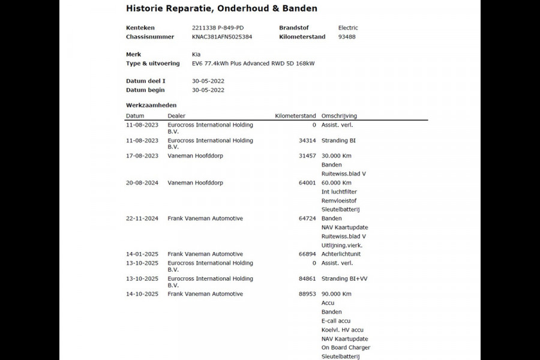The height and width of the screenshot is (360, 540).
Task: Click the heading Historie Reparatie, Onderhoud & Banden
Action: [x=221, y=8]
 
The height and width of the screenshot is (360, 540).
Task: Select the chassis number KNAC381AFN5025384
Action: [x=222, y=37]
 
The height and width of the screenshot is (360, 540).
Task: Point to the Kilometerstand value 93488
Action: [x=347, y=37]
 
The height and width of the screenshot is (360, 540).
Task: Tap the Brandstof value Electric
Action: [x=348, y=28]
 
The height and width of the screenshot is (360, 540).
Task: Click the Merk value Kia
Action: [x=196, y=54]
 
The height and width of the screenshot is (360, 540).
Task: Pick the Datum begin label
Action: [x=145, y=90]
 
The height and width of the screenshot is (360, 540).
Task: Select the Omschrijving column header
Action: [x=339, y=116]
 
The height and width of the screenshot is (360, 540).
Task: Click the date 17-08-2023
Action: [x=142, y=156]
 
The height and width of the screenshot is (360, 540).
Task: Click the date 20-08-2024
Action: [x=142, y=183]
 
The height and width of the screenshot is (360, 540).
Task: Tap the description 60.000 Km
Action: [x=337, y=183]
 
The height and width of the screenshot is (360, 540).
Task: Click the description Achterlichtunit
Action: [x=341, y=254]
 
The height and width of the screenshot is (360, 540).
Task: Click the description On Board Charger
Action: [x=346, y=347]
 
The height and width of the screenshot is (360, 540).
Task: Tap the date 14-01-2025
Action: [x=142, y=254]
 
